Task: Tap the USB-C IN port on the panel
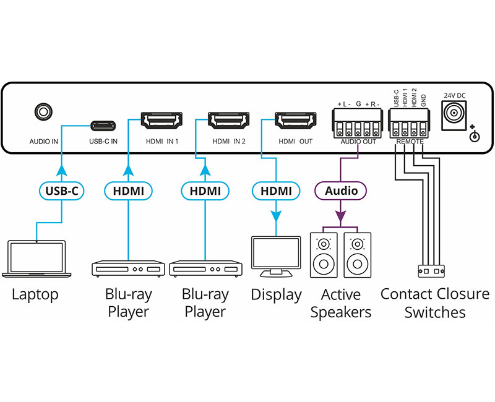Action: point(103,125)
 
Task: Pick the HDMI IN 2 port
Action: point(226,119)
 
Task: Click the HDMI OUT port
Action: point(293,119)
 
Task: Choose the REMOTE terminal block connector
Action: point(409,127)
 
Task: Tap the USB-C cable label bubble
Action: point(62,191)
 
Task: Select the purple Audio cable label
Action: point(341,190)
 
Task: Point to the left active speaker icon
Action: point(324,255)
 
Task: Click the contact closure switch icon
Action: point(431,271)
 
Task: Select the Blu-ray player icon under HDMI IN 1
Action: point(128,268)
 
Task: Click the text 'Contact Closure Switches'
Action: point(434,302)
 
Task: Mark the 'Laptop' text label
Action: point(35,294)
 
